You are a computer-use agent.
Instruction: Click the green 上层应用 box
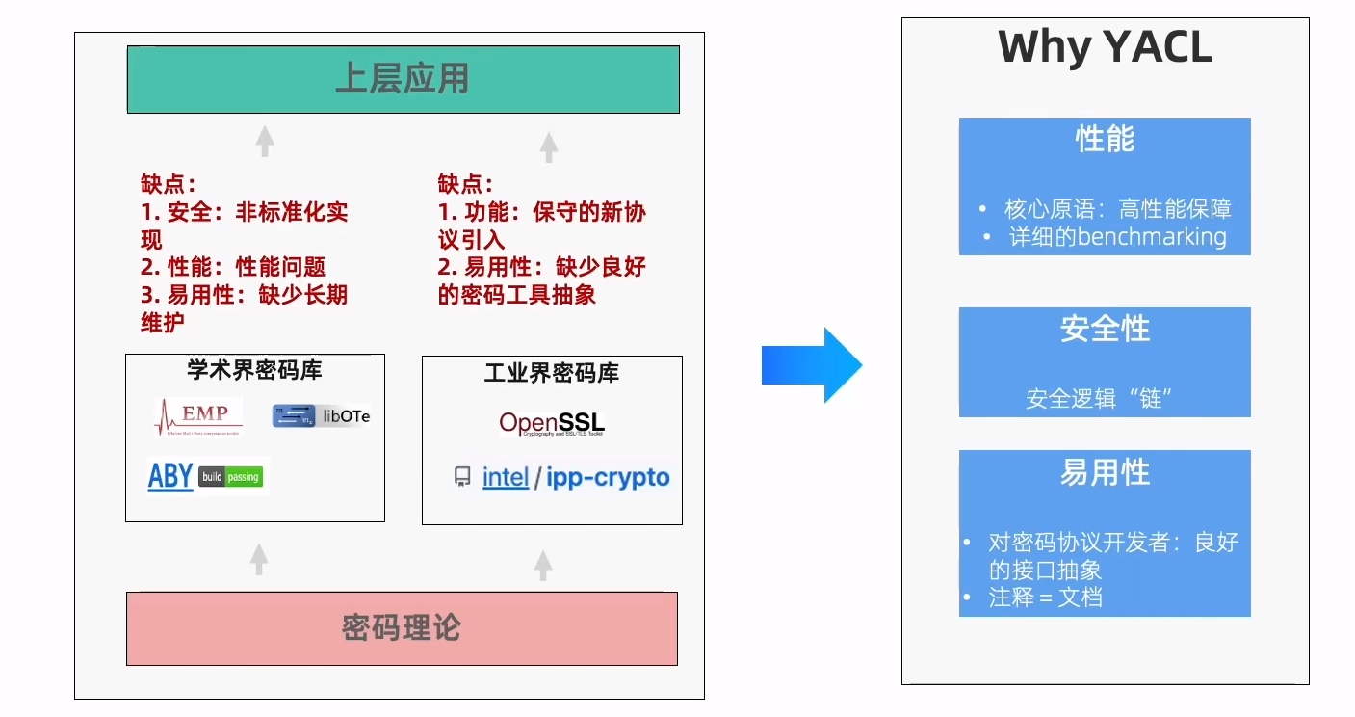403,79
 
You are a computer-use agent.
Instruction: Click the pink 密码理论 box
402,628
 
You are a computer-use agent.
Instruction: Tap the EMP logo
198,416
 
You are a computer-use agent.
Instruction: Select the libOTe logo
321,416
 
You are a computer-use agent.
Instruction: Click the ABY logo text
170,476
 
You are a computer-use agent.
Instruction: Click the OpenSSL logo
552,423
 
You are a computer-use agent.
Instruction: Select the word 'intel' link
506,477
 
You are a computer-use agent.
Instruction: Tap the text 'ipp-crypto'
608,477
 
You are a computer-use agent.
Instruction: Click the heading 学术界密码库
254,370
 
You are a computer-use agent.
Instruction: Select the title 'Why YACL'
1105,47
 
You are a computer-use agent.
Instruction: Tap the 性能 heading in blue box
1105,140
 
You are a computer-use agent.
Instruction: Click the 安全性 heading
1105,329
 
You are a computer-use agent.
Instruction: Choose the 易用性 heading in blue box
1105,472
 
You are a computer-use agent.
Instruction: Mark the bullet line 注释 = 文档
1045,597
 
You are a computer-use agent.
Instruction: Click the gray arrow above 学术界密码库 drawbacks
265,142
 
